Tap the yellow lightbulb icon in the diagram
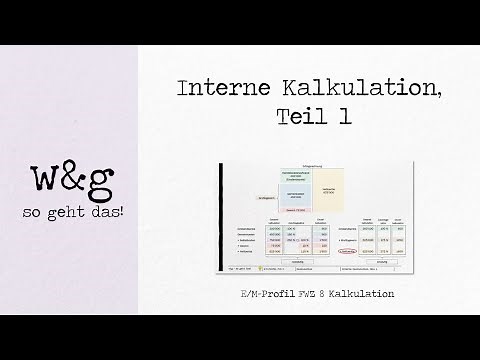tap(260, 268)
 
